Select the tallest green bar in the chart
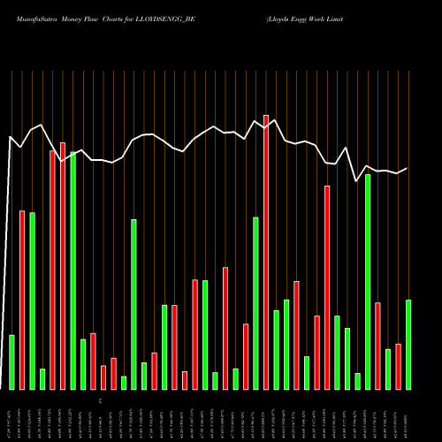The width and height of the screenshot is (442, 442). click(x=73, y=271)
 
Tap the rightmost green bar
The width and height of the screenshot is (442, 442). click(x=408, y=345)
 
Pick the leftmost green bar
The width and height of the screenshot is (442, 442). click(x=11, y=362)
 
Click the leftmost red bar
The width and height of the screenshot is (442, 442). click(x=22, y=300)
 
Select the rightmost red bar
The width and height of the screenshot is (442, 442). click(x=399, y=366)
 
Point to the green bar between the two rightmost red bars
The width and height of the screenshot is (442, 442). click(x=388, y=370)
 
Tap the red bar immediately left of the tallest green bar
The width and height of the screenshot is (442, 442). click(x=63, y=265)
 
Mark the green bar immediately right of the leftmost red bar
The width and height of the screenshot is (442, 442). click(x=33, y=301)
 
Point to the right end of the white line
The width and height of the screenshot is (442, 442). click(x=408, y=168)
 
